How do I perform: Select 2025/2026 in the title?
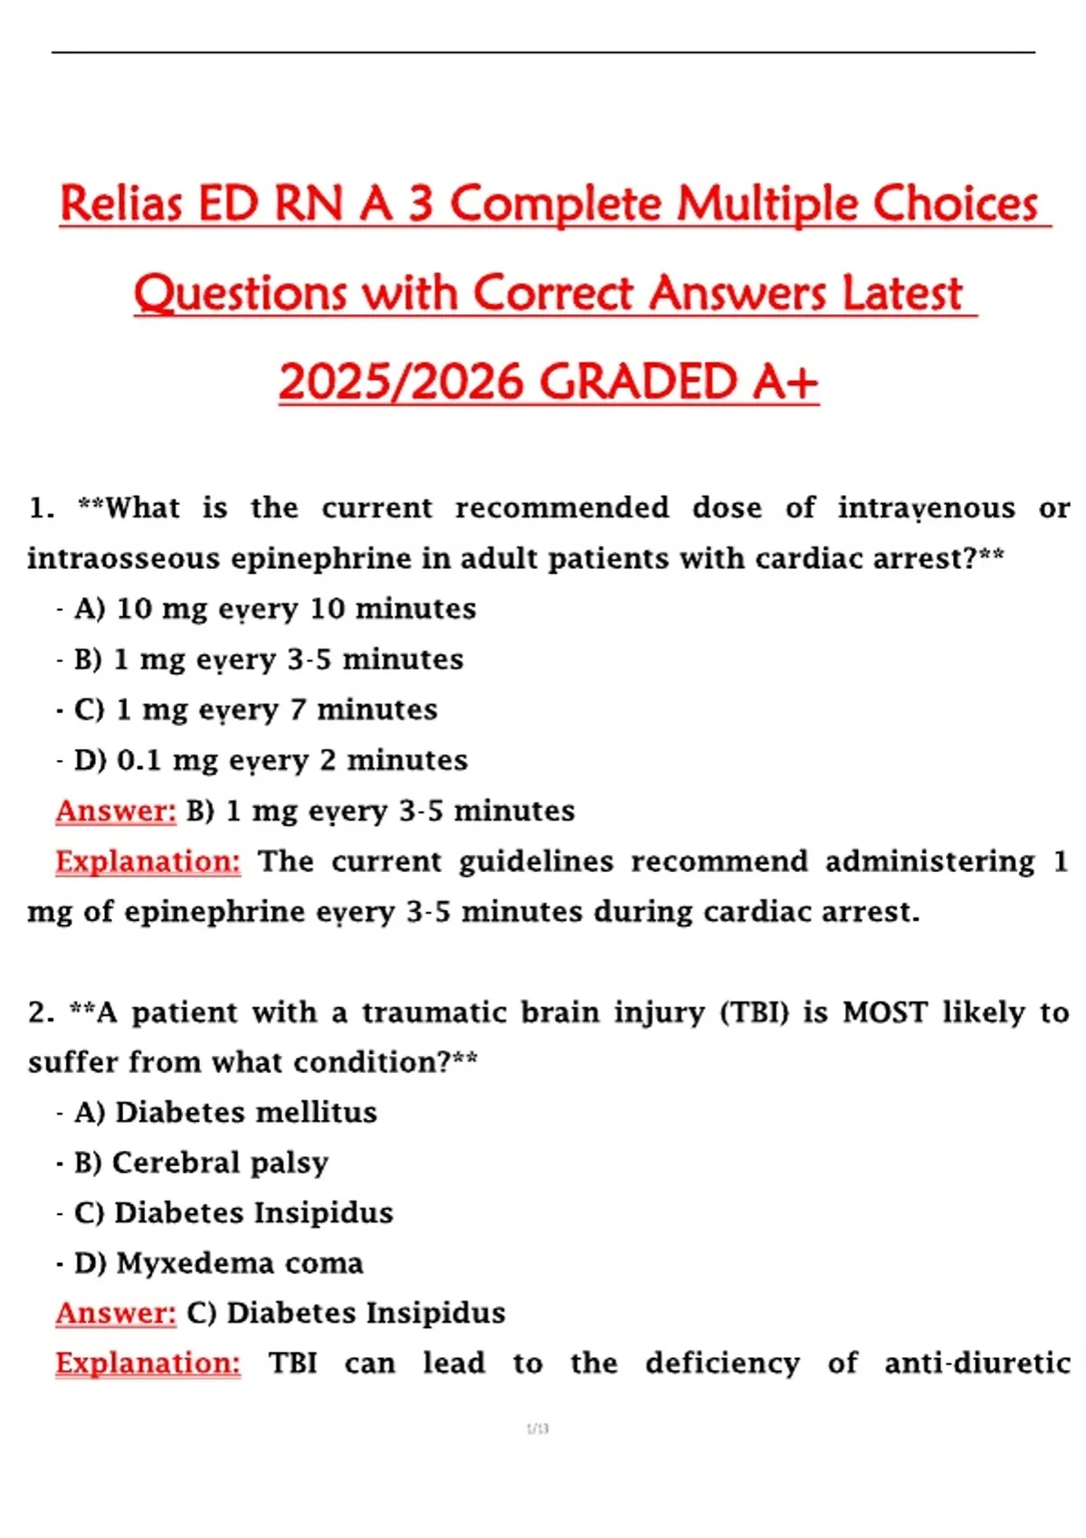coord(402,382)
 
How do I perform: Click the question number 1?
coord(39,508)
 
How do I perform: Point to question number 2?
coord(40,1012)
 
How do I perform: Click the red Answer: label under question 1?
coord(116,811)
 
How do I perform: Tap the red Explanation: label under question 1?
coord(148,861)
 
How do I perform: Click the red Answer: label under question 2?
coord(116,1313)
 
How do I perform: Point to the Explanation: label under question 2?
coord(148,1363)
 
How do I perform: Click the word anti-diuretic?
coord(977,1363)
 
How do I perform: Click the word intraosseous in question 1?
coord(122,558)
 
